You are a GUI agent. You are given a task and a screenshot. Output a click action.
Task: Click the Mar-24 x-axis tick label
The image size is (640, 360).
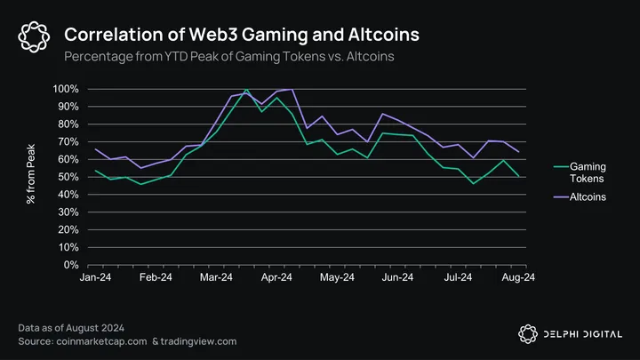[216, 277]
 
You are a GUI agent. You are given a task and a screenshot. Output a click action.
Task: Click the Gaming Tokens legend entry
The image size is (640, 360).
[588, 172]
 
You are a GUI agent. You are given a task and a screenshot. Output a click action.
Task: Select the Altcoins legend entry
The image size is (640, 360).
[588, 196]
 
